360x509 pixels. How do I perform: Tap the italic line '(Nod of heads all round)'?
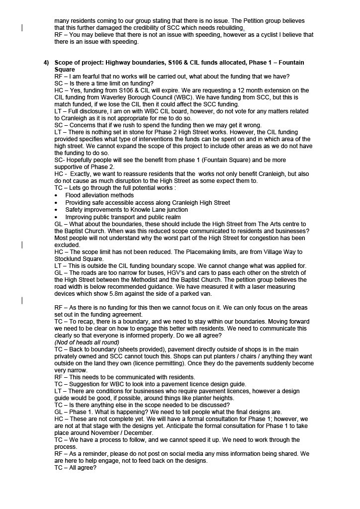point(87,342)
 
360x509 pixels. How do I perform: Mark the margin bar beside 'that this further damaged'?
point(22,28)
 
